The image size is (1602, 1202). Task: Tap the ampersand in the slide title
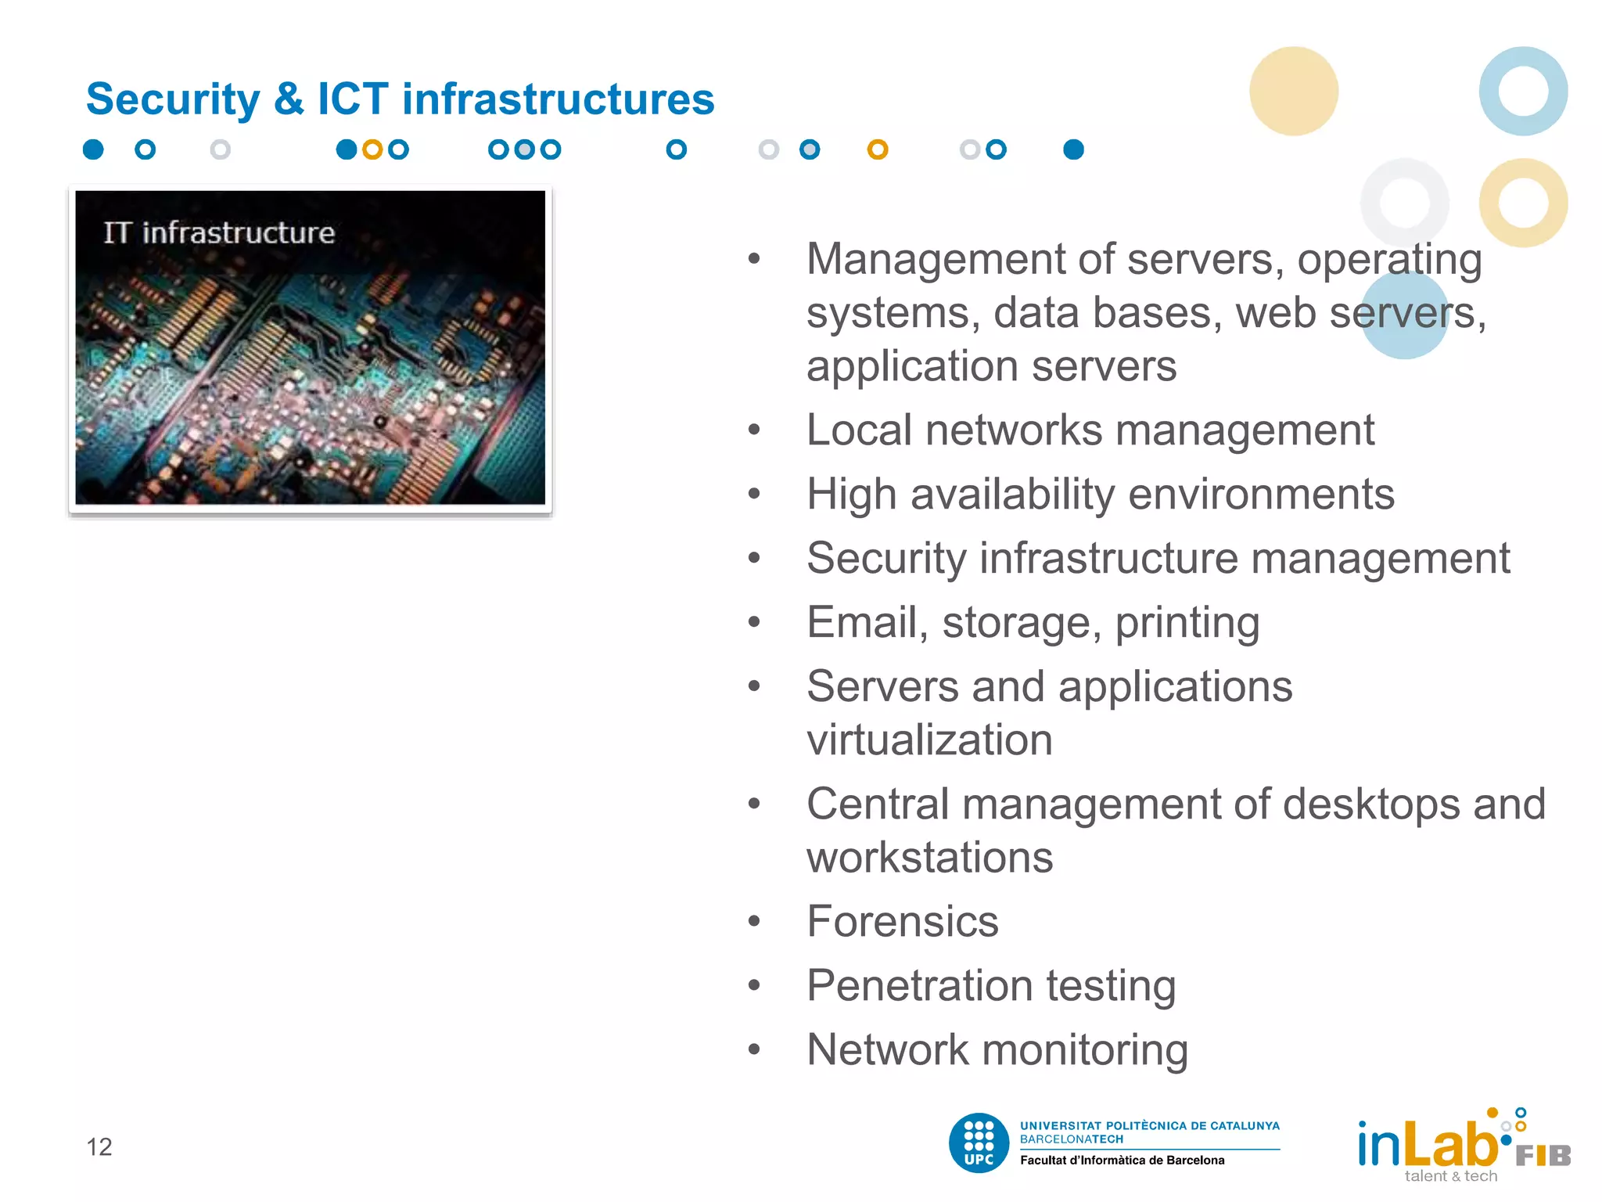[x=289, y=99]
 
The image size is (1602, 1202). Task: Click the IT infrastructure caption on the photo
[x=219, y=232]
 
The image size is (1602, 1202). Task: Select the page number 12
[x=99, y=1146]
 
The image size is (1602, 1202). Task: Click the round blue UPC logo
[x=979, y=1143]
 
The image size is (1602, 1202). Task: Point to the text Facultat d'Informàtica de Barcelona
[x=1122, y=1161]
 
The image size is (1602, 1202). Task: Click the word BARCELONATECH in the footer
[x=1071, y=1139]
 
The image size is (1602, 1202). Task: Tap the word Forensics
[x=902, y=921]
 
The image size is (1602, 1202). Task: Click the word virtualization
[x=929, y=740]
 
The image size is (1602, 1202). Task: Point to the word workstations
[x=929, y=858]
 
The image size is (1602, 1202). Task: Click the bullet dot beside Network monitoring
[x=754, y=1049]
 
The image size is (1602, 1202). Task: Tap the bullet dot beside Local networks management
[x=754, y=430]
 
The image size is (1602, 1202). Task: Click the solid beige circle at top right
[x=1293, y=91]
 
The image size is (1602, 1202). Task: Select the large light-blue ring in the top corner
[x=1522, y=91]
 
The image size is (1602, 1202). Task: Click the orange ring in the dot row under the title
[x=878, y=149]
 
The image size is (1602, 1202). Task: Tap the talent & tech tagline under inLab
[x=1450, y=1176]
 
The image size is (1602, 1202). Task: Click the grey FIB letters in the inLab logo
[x=1543, y=1156]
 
